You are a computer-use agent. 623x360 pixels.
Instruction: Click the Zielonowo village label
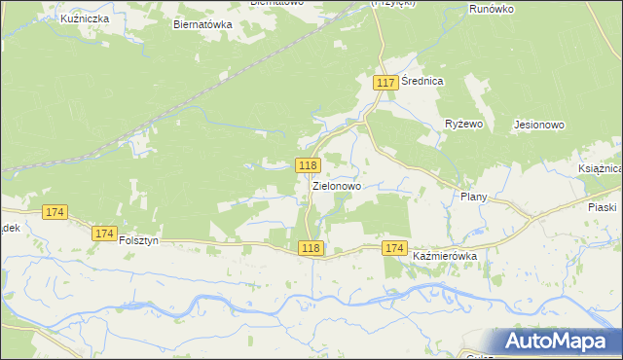337,185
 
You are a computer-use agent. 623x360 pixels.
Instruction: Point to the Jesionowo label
537,126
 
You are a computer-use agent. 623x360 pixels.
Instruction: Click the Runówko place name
491,8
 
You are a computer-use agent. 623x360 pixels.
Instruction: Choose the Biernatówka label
202,25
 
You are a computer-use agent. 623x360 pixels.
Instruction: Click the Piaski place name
603,207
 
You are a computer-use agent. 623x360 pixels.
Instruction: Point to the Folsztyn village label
138,240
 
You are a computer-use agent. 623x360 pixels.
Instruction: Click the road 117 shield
385,83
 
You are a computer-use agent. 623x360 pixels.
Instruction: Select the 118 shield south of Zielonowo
311,248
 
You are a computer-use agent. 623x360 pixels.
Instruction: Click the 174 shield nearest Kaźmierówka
394,248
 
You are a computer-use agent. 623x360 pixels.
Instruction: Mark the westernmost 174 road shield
55,212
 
